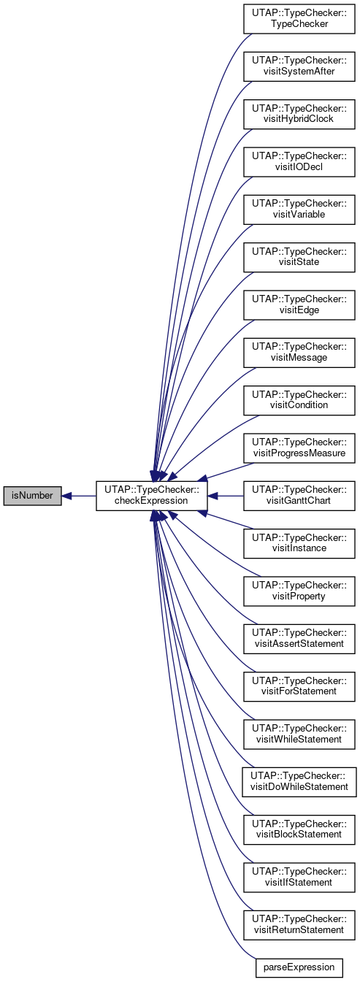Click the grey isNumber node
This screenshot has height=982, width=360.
point(32,496)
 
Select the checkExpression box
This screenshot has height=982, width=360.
point(151,496)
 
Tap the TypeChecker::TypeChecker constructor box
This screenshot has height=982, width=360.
point(299,18)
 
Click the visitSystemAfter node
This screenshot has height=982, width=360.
point(299,66)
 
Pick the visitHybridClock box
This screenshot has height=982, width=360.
point(299,114)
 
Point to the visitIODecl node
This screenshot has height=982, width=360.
point(299,162)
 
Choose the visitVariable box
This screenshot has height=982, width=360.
point(299,209)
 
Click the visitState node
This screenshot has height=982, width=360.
point(299,257)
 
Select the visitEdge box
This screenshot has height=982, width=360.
point(299,304)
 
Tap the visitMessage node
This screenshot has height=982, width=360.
point(299,353)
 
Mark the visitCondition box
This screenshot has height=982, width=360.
point(299,400)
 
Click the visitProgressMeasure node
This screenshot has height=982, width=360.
point(299,448)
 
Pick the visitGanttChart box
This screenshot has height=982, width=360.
point(299,496)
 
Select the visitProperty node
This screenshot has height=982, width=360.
point(299,591)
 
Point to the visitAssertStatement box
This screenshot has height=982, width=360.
point(299,639)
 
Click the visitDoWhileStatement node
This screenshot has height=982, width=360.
point(299,782)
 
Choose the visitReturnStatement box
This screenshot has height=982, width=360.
point(299,926)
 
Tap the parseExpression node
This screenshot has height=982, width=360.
point(299,967)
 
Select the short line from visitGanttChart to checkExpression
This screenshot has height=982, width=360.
point(226,496)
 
